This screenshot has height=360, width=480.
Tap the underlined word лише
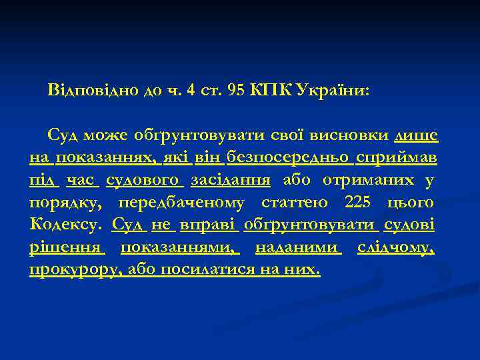[x=417, y=135]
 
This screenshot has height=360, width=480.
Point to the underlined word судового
[x=144, y=180]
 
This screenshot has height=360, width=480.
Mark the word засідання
[x=230, y=180]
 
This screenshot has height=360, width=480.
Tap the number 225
[x=361, y=202]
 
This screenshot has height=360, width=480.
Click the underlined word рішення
[x=67, y=247]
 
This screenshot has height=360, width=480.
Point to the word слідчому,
[x=396, y=247]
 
